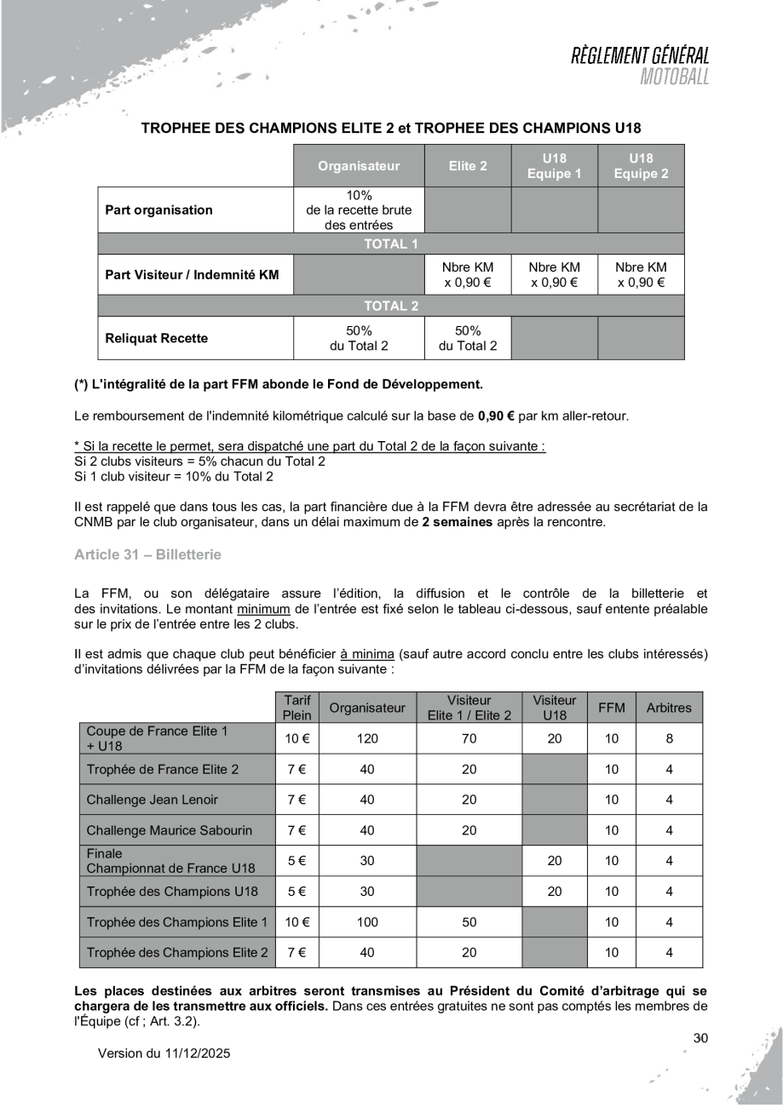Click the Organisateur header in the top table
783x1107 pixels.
point(358,166)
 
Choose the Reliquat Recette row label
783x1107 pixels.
point(156,338)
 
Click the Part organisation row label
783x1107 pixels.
point(158,210)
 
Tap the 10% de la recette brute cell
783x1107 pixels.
point(358,210)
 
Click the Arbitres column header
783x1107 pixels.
point(669,707)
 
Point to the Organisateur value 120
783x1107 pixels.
point(367,738)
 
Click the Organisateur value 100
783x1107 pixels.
point(367,921)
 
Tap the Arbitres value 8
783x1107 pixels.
point(669,738)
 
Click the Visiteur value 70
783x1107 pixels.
point(469,738)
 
